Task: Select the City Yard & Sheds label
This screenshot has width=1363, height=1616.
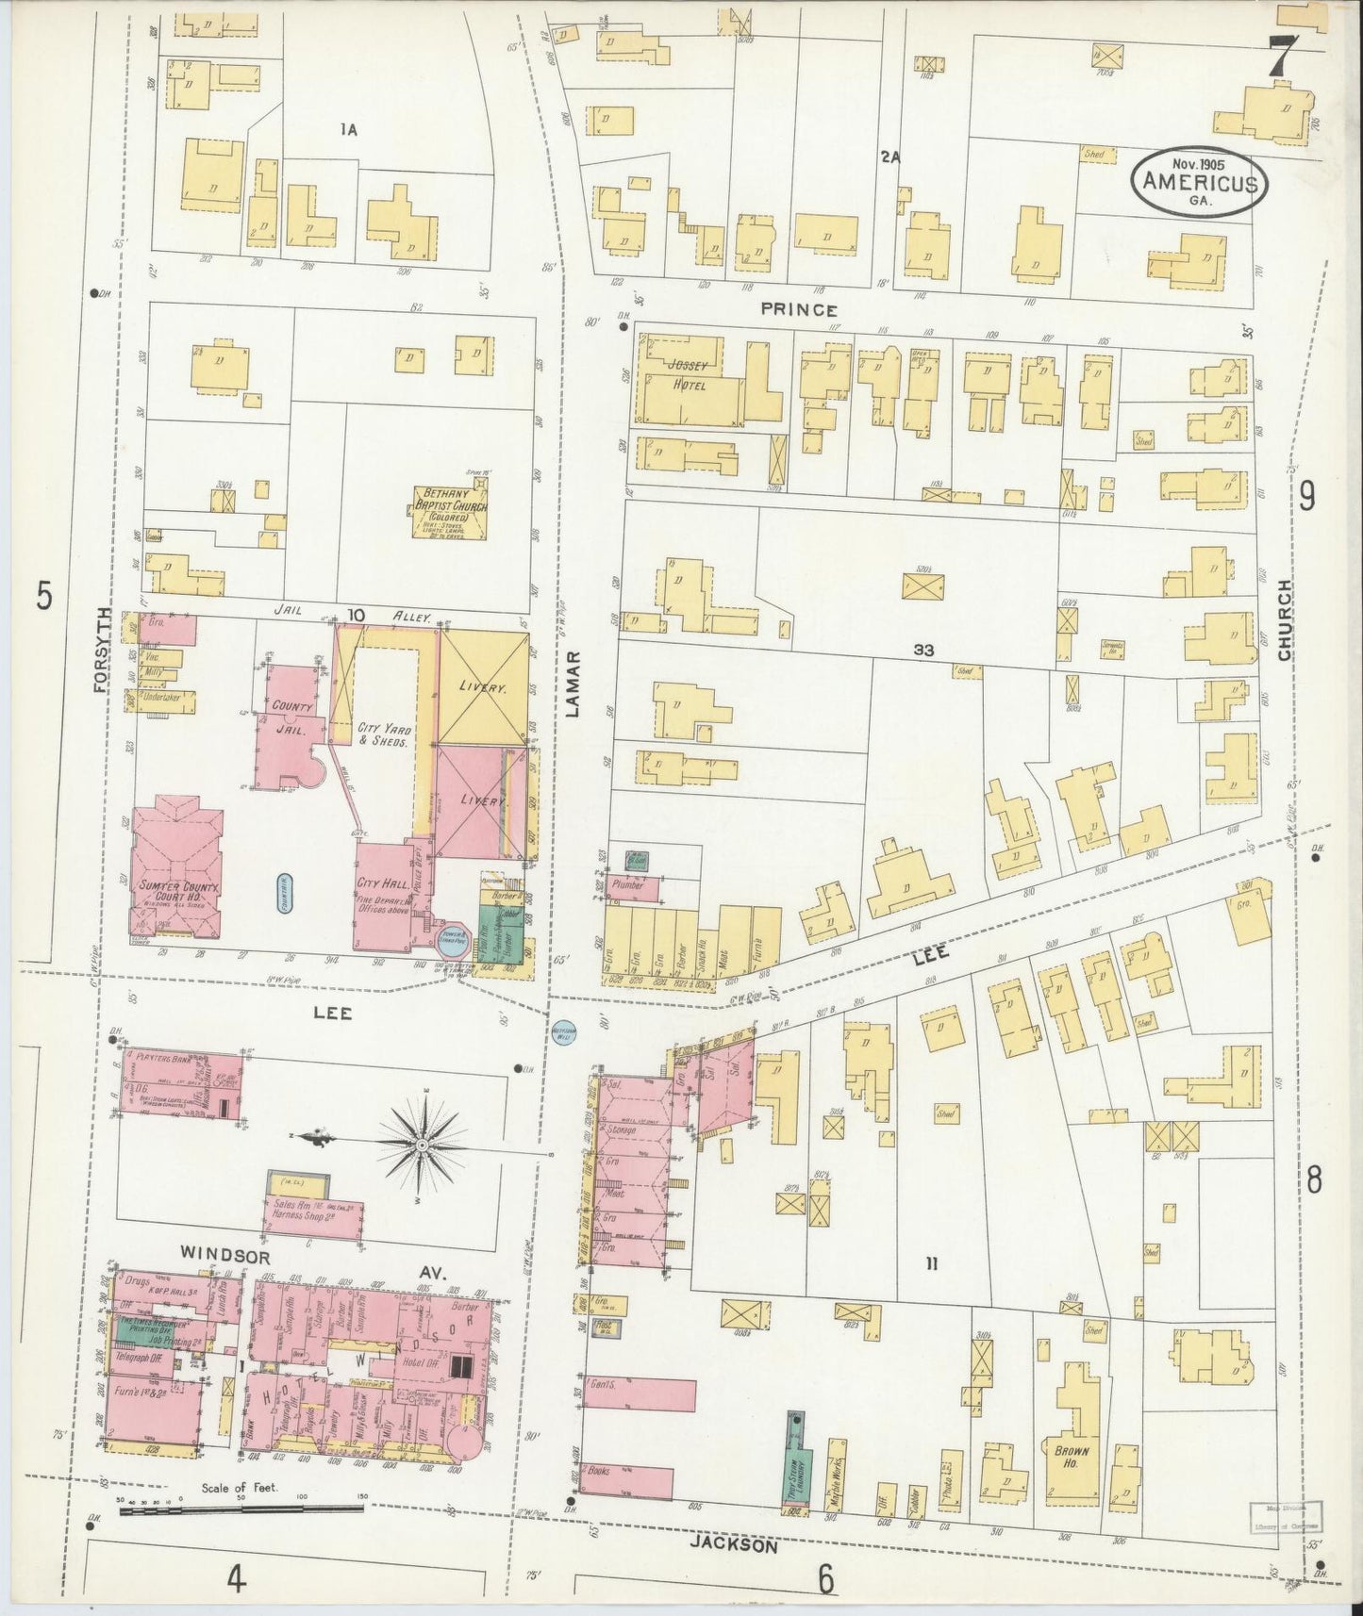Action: [381, 734]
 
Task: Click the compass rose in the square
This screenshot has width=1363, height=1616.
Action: [421, 1145]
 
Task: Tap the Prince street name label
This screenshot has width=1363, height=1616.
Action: [799, 309]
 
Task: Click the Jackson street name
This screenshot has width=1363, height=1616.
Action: [746, 1545]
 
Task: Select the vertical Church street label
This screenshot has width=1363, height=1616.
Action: [1284, 619]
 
